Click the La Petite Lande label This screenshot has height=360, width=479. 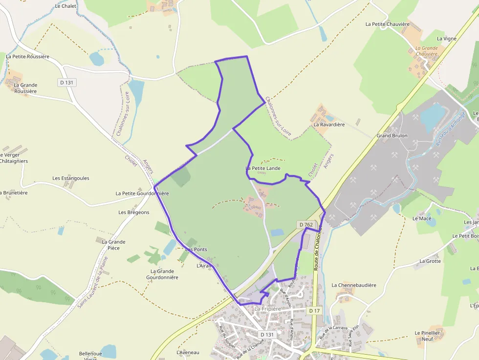point(263,169)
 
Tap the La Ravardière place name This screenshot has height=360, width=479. point(329,125)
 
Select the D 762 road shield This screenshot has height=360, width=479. point(305,225)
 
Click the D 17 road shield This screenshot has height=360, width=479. point(314,311)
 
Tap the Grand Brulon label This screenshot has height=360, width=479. point(392,135)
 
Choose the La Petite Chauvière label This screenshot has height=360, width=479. point(387,24)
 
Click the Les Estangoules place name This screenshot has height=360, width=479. point(71,178)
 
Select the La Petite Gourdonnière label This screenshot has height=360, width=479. point(142,193)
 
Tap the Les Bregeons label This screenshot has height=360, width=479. point(134,212)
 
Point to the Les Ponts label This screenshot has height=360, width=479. point(196,250)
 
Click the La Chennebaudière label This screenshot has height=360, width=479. point(354,285)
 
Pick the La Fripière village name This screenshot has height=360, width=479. point(267,309)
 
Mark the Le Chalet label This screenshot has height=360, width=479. point(65,6)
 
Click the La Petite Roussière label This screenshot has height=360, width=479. point(28,57)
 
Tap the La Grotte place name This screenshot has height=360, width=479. point(430,261)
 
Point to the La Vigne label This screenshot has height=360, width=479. point(447,39)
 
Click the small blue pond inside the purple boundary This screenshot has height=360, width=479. point(277,233)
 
